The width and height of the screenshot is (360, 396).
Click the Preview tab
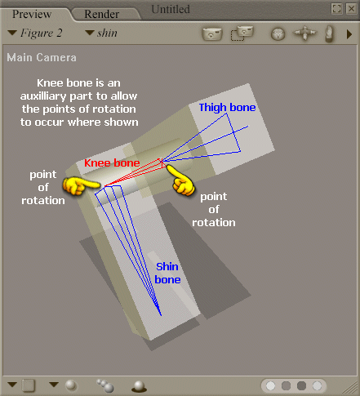point(32,14)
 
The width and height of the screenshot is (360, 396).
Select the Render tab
point(100,14)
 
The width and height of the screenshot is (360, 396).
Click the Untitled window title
point(171,9)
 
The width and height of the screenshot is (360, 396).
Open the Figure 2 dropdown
point(38,33)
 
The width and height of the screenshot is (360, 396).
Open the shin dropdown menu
point(101,33)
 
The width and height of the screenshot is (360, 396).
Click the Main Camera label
point(42,58)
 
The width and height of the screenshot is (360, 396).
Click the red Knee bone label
point(112,163)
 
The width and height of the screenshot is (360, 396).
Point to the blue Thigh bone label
point(227,107)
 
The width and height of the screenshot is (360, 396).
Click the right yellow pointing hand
point(182,184)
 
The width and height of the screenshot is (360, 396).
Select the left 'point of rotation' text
point(42,188)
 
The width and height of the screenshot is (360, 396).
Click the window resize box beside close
point(336,8)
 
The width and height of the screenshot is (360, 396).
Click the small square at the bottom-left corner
point(29,385)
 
